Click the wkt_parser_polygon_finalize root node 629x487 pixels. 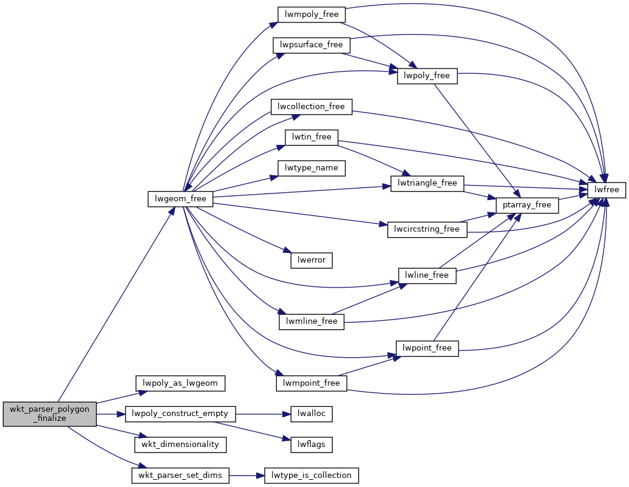[50, 414]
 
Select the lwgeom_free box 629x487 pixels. [180, 199]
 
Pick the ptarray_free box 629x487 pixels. [527, 205]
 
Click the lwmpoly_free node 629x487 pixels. [311, 15]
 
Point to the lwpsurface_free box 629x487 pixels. [311, 45]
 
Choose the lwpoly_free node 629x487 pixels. [427, 76]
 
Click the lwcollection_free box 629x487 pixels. [311, 107]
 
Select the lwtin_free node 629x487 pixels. [311, 137]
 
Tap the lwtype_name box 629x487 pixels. [311, 168]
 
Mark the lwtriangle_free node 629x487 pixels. [427, 183]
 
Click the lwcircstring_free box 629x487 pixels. [427, 229]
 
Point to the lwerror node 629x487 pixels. [311, 260]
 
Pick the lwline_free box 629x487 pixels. [427, 275]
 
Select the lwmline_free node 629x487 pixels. [311, 321]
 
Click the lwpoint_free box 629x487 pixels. [427, 348]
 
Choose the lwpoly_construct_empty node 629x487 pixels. [180, 414]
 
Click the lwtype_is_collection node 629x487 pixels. [311, 475]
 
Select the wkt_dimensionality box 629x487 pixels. [180, 445]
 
